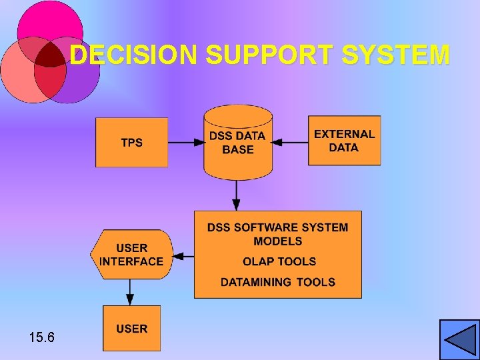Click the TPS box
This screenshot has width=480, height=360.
131,143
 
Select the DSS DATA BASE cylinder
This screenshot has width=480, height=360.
238,143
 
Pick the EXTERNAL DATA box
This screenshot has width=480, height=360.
344,141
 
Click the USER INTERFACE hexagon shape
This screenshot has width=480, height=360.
131,255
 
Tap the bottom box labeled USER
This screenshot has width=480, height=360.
131,328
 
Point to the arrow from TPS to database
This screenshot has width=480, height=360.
186,142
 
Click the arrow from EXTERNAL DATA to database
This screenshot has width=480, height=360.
291,142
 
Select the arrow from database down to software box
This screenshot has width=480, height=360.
237,195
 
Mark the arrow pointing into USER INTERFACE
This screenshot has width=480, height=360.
184,255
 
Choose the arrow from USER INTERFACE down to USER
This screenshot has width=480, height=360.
131,292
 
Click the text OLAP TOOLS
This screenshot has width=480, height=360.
279,261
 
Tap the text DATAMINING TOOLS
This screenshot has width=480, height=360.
278,282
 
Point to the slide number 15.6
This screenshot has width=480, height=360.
42,338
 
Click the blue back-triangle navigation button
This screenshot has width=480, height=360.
459,339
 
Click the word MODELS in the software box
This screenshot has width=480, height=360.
278,241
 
